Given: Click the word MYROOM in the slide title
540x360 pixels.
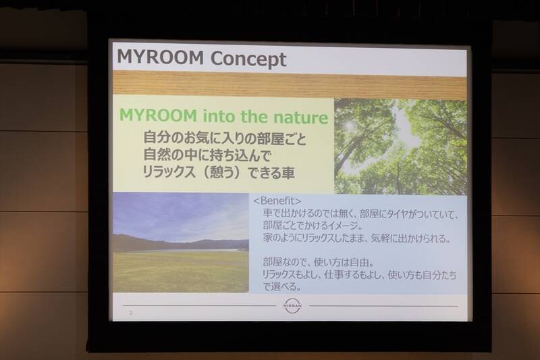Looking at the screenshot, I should pyautogui.click(x=161, y=58).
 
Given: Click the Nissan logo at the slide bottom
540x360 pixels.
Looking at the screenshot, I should pyautogui.click(x=292, y=306).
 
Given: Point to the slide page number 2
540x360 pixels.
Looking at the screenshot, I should pyautogui.click(x=131, y=313).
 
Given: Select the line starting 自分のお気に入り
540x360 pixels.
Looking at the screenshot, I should pyautogui.click(x=225, y=137).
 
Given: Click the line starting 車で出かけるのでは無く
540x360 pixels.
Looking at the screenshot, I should pyautogui.click(x=362, y=214).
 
